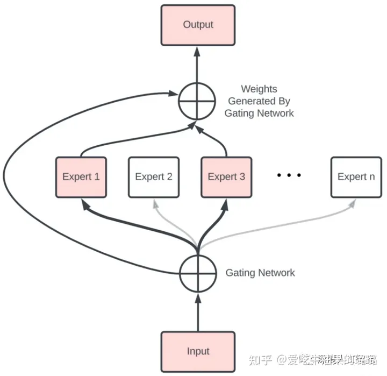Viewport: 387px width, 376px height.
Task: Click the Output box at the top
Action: (198, 25)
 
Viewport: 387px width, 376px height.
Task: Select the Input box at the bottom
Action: (198, 351)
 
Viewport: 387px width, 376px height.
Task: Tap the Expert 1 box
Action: (81, 176)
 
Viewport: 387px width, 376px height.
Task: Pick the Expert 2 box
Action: (154, 176)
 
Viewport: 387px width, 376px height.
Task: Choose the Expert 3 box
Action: (226, 176)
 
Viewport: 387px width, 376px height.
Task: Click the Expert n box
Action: (356, 176)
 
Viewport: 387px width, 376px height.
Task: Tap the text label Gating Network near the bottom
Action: (260, 273)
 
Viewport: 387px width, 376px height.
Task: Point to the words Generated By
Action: (259, 101)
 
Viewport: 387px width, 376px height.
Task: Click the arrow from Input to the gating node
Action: (198, 312)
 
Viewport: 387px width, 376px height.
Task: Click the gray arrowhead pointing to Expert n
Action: (353, 203)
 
